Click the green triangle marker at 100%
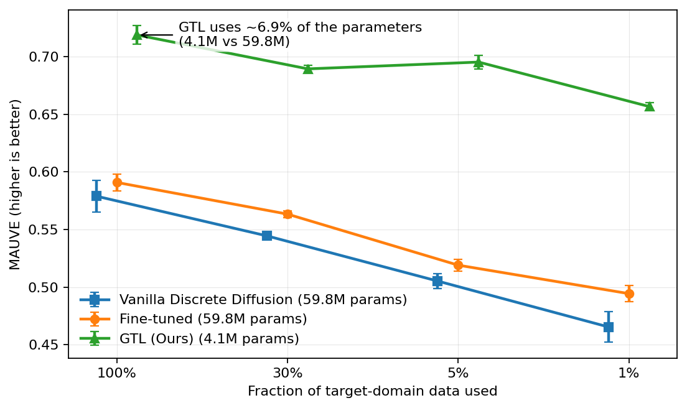(x=137, y=35)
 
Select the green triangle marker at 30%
(x=307, y=68)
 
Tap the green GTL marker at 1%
(x=649, y=106)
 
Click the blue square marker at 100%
(x=96, y=196)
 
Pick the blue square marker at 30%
(x=267, y=236)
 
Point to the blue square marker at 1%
(x=609, y=327)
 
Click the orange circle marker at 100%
(x=117, y=183)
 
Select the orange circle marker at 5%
(x=458, y=266)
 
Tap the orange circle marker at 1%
(x=629, y=294)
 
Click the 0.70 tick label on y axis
(x=47, y=57)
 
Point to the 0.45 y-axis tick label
(x=47, y=345)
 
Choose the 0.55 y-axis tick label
(x=47, y=230)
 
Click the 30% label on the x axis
(x=287, y=374)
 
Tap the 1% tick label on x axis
(x=629, y=374)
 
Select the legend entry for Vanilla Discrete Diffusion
(x=263, y=300)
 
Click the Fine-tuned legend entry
(x=213, y=319)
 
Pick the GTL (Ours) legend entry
(x=209, y=339)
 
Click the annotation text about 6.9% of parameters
(x=300, y=35)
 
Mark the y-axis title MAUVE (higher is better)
(x=16, y=184)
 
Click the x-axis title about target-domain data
(x=372, y=391)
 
